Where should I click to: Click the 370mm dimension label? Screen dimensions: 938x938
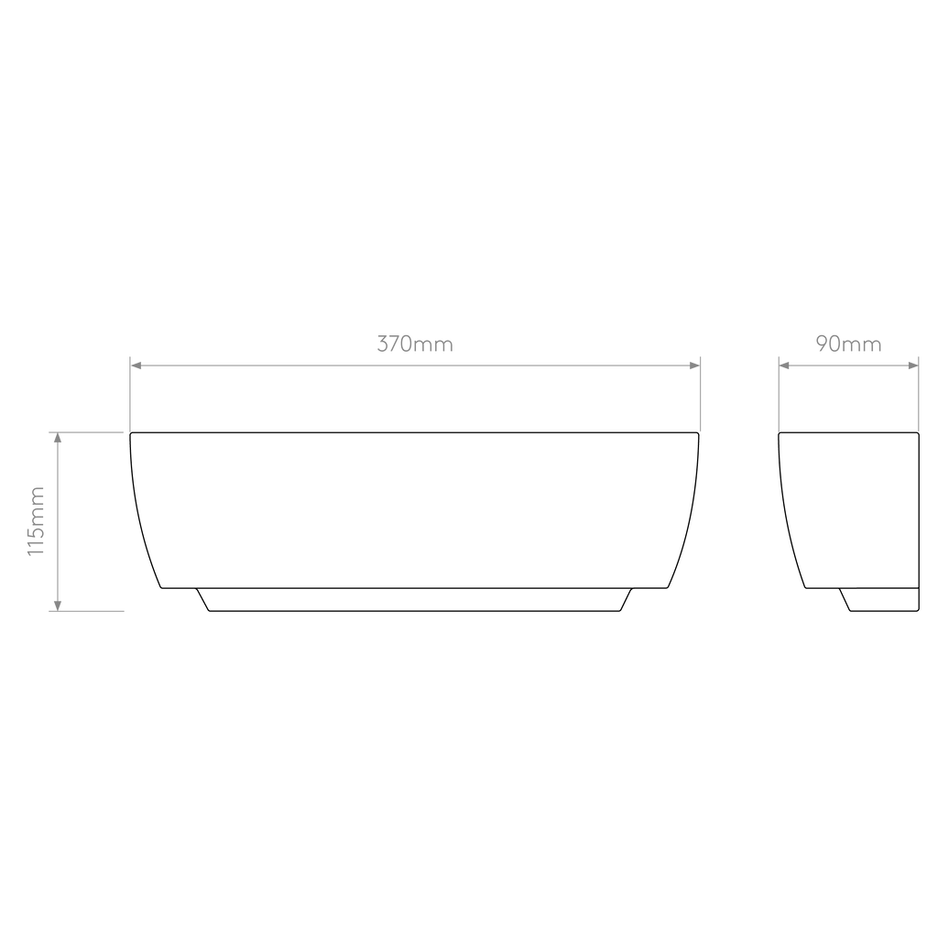pyautogui.click(x=415, y=344)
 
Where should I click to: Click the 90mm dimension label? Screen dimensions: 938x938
pyautogui.click(x=848, y=344)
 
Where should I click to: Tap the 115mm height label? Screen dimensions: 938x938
pyautogui.click(x=36, y=521)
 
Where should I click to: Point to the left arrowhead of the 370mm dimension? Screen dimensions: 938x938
pyautogui.click(x=136, y=365)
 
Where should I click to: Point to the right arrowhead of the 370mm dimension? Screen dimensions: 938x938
pyautogui.click(x=694, y=365)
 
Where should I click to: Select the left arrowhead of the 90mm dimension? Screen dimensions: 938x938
pyautogui.click(x=784, y=365)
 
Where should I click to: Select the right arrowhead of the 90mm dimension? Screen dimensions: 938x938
pyautogui.click(x=913, y=365)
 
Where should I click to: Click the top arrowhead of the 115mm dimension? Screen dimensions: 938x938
pyautogui.click(x=58, y=438)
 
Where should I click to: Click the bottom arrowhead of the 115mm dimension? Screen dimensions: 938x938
pyautogui.click(x=58, y=605)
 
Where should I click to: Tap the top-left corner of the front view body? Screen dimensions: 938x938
pyautogui.click(x=130, y=432)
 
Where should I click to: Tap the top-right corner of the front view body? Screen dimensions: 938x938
pyautogui.click(x=699, y=432)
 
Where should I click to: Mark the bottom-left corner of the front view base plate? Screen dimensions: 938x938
pyautogui.click(x=210, y=611)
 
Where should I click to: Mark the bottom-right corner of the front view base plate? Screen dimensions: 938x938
pyautogui.click(x=620, y=611)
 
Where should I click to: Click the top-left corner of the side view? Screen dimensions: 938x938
pyautogui.click(x=779, y=432)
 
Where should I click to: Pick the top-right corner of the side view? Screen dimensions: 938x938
pyautogui.click(x=919, y=432)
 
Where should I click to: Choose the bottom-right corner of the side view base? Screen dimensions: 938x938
pyautogui.click(x=919, y=611)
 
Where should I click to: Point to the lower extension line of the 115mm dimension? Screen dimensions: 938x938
pyautogui.click(x=86, y=611)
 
